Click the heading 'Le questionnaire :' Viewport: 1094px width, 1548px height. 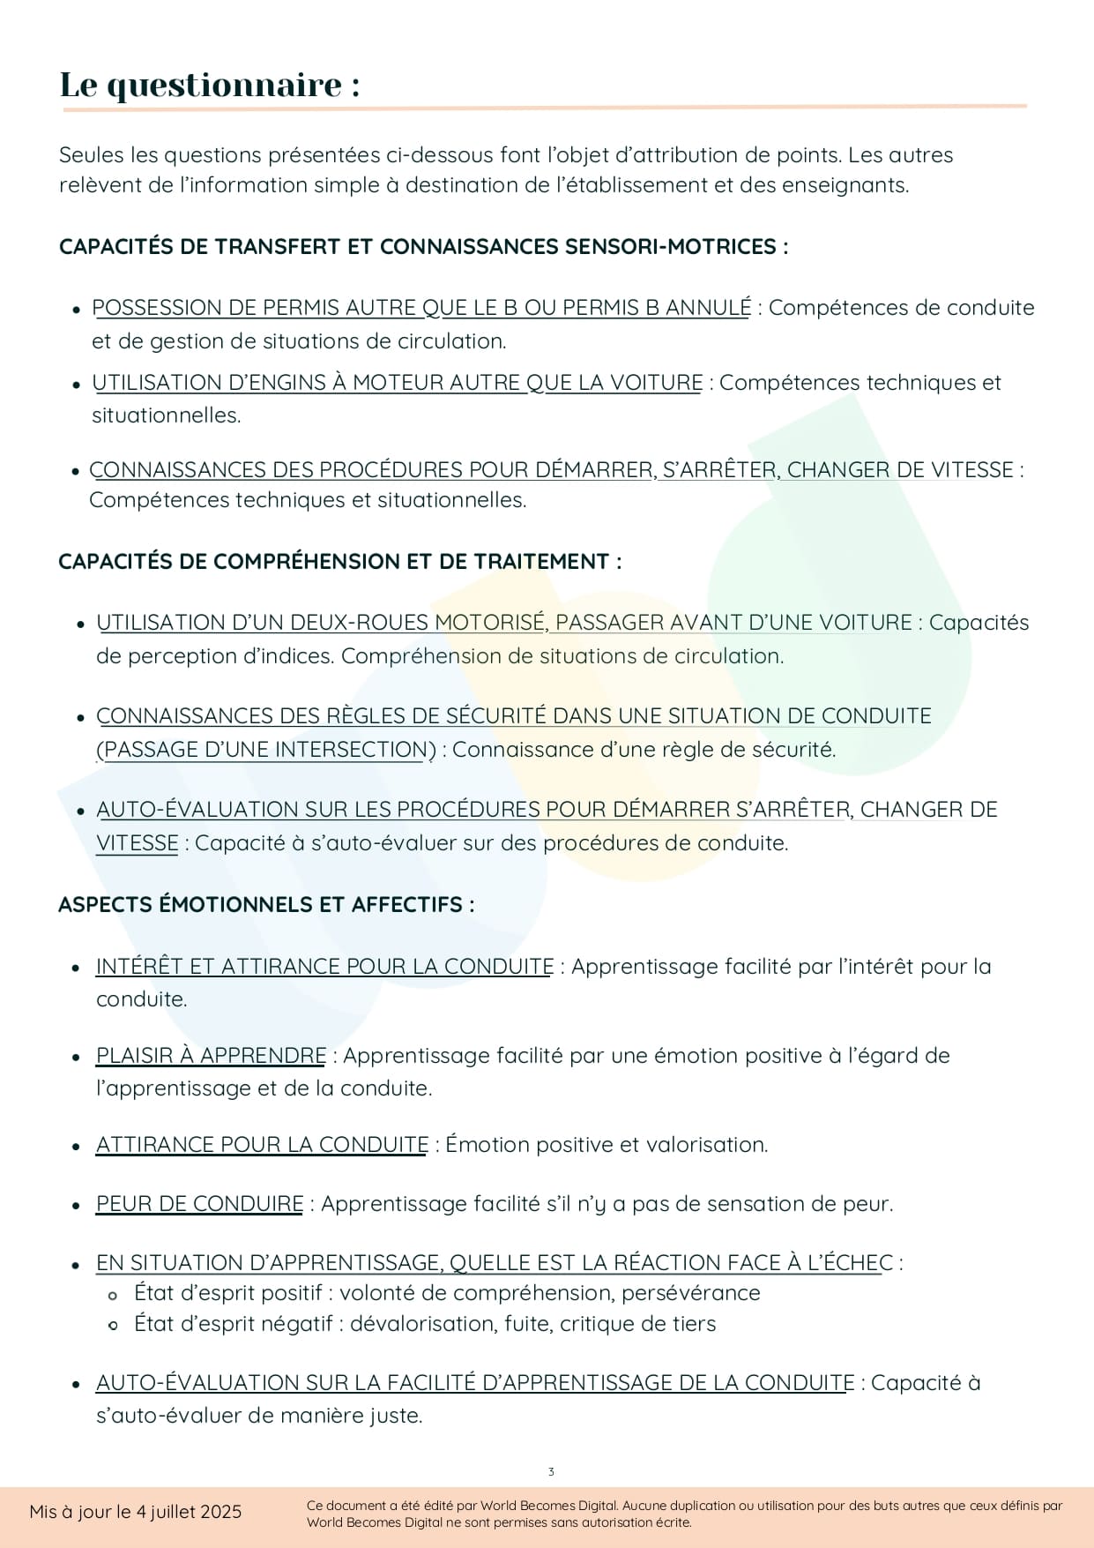[210, 86]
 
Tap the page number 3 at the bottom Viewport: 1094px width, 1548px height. [551, 1472]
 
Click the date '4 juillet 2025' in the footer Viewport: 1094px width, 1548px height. [189, 1512]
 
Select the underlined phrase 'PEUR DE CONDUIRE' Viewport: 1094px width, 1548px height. [199, 1204]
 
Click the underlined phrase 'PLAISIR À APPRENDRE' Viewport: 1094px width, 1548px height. [211, 1056]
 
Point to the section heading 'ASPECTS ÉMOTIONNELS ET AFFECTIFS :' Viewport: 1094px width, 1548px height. [266, 905]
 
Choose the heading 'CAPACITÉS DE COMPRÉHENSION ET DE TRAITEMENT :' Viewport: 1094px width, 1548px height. [339, 562]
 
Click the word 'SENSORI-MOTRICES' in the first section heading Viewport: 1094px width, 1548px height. [670, 247]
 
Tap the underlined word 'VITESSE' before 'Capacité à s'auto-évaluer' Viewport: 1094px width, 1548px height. [138, 843]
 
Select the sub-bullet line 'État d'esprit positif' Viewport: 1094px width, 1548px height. [446, 1293]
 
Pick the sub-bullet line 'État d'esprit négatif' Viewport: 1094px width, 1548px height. [424, 1324]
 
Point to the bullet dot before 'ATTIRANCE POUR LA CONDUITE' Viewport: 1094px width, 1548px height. [77, 1147]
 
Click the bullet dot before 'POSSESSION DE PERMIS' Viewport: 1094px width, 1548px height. [77, 310]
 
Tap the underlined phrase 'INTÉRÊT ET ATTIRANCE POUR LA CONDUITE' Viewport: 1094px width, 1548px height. [324, 967]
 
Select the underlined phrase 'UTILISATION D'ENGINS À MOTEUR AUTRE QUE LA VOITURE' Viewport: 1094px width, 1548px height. [398, 383]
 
